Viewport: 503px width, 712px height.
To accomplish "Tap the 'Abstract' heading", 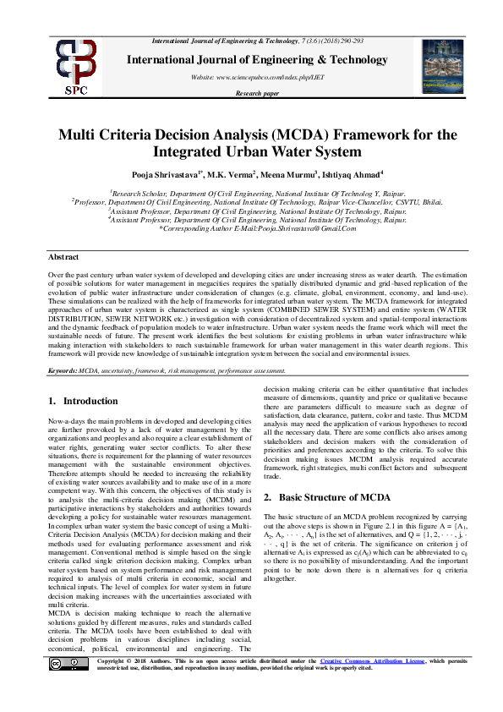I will click(64, 256).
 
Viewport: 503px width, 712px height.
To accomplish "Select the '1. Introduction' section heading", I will click(84, 401).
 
